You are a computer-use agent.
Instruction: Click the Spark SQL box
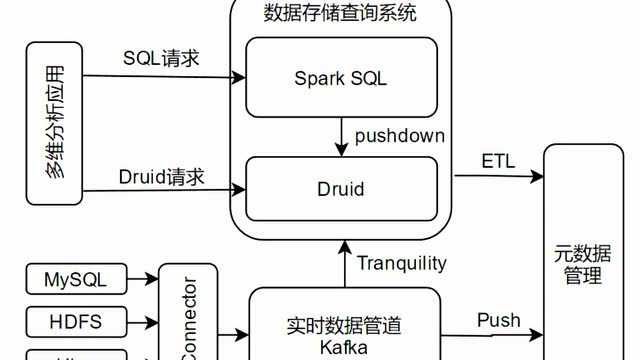(342, 77)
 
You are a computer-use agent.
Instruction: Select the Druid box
(342, 187)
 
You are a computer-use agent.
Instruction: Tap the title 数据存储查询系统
(341, 13)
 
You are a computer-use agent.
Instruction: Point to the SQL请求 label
(161, 58)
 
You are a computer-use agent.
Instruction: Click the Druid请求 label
(161, 177)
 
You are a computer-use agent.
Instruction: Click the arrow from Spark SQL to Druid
(342, 136)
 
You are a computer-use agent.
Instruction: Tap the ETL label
(498, 161)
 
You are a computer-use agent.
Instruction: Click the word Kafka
(343, 348)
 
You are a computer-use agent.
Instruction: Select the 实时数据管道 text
(343, 325)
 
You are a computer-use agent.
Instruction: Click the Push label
(498, 320)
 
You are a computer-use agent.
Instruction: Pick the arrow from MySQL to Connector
(146, 278)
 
